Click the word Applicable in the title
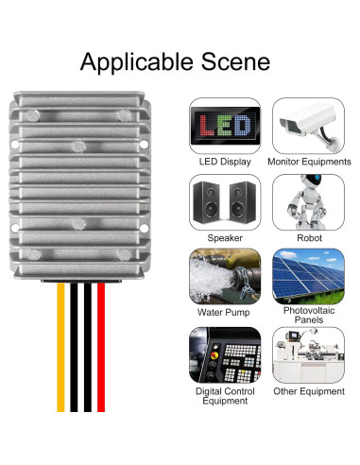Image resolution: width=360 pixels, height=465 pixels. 135,62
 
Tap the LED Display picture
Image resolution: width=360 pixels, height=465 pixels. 225,124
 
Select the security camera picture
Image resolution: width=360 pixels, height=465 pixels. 308,124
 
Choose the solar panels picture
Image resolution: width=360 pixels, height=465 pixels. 308,274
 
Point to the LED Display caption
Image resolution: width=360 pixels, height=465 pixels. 225,162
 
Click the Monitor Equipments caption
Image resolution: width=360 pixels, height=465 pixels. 309,162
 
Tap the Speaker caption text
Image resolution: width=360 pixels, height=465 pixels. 225,238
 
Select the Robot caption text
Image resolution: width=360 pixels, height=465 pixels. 309,238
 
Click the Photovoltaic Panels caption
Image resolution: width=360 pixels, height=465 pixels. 309,315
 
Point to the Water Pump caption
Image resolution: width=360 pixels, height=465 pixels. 225,312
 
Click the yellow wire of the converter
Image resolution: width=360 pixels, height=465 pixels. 61,359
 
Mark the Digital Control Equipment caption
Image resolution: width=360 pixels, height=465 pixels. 225,395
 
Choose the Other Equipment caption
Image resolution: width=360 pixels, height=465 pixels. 309,390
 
